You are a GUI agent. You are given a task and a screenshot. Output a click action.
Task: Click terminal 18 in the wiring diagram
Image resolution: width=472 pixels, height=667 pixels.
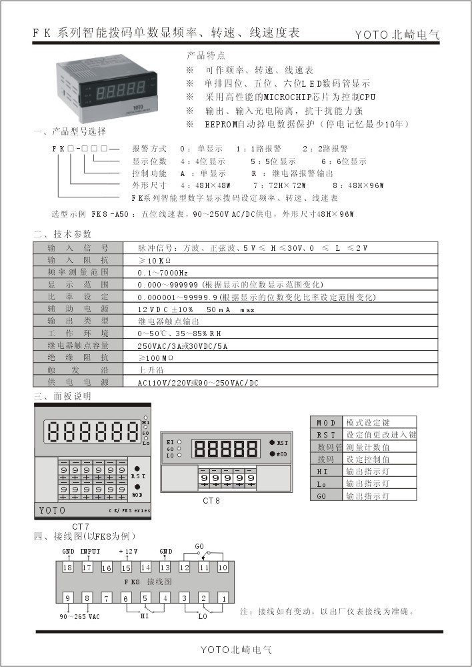[x=67, y=567]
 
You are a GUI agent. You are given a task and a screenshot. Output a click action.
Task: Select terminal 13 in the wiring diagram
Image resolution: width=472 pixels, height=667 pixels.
[x=165, y=567]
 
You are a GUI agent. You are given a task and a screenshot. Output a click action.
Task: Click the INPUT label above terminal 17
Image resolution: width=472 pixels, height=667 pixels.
[x=90, y=552]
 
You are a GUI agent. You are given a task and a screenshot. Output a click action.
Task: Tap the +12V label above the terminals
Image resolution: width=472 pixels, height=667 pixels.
[x=129, y=552]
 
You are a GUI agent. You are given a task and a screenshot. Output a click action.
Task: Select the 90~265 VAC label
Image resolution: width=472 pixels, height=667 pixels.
[x=79, y=616]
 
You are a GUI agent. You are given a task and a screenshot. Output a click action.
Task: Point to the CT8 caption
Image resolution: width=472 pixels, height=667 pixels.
[x=213, y=500]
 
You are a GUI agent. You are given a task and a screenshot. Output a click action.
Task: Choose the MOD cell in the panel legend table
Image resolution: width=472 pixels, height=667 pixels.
[x=327, y=424]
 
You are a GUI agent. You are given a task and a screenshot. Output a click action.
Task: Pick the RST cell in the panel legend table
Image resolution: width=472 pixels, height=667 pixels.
[x=327, y=435]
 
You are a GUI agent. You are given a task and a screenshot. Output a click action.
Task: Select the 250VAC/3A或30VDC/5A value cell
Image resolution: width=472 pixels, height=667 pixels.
[x=182, y=346]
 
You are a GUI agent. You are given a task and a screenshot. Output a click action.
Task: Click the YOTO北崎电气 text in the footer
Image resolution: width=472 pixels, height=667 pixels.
[x=237, y=649]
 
